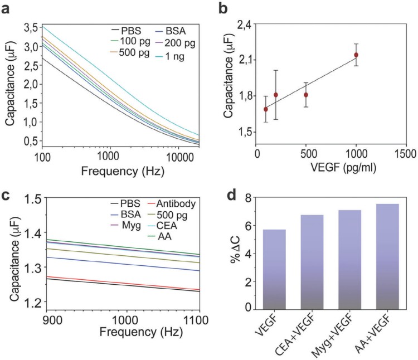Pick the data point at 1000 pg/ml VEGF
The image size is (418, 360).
point(356,55)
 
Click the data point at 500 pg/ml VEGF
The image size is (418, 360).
point(306,95)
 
